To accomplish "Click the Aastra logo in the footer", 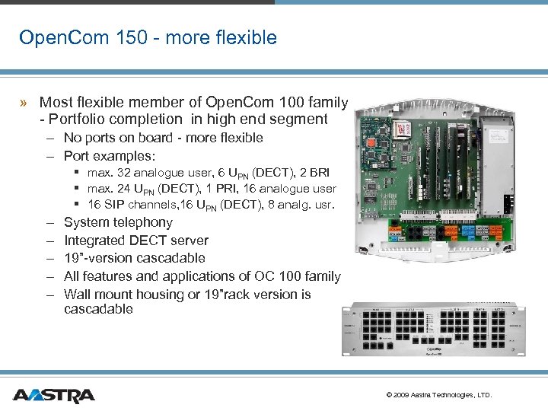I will [53, 395].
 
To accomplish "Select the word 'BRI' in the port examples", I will [317, 172].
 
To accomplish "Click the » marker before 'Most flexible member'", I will [25, 102].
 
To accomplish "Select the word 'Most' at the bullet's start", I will [56, 102].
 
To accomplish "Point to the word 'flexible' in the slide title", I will [246, 37].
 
